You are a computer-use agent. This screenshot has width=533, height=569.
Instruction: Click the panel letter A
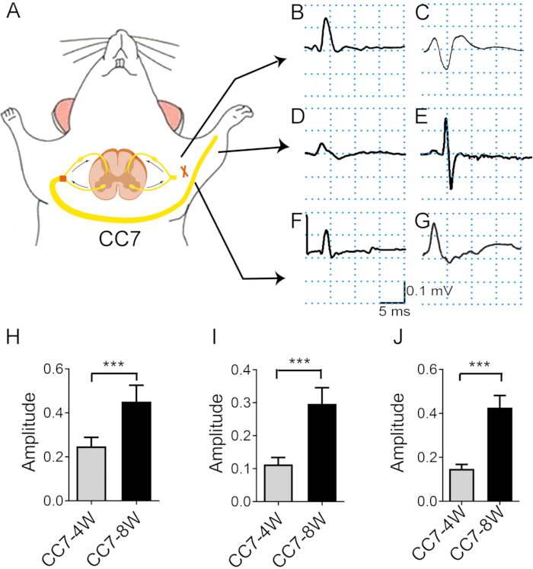tap(13, 14)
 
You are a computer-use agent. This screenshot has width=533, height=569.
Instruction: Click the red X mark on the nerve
tap(184, 172)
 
